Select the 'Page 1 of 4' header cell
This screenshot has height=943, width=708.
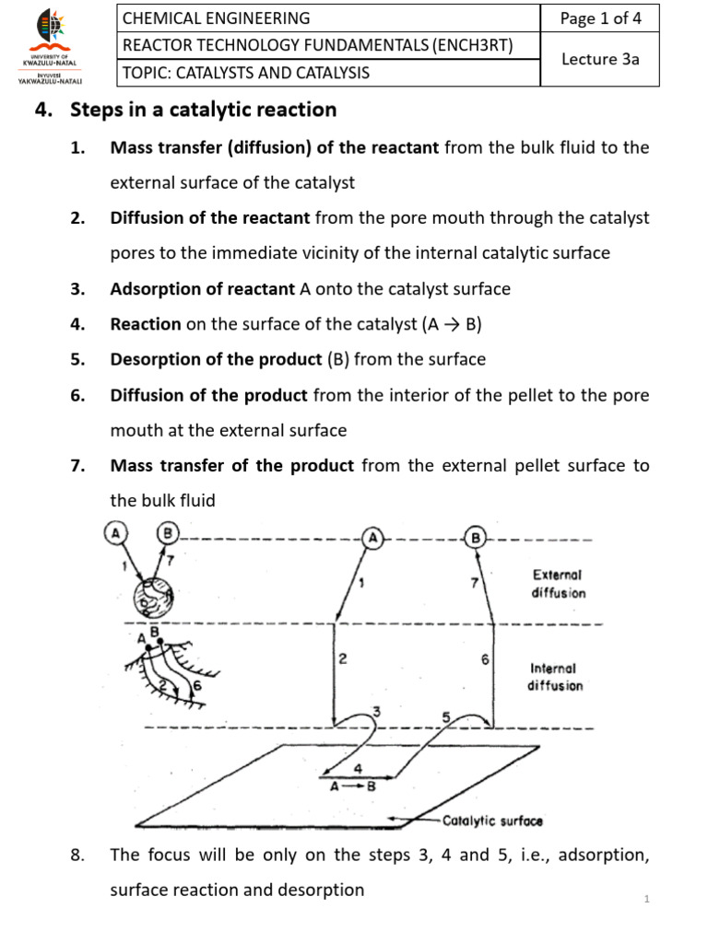click(600, 18)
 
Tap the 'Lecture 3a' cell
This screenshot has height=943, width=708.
click(600, 59)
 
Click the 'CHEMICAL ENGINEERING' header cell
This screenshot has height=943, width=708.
click(218, 18)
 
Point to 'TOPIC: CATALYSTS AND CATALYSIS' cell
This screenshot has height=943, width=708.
click(246, 73)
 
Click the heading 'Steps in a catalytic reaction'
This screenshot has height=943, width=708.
click(204, 111)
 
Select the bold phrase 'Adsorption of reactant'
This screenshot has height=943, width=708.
click(203, 289)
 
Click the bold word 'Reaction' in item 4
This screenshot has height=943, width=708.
click(146, 324)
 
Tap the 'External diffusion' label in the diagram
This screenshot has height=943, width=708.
click(558, 583)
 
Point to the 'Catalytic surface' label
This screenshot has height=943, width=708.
click(492, 821)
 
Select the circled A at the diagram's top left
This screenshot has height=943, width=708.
click(115, 532)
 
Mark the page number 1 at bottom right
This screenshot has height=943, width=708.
click(648, 899)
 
